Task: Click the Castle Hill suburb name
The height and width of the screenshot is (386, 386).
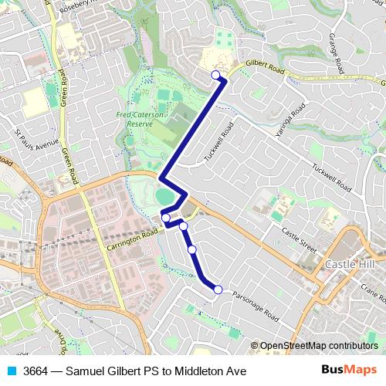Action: click(x=351, y=265)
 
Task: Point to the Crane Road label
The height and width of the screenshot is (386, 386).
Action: click(x=372, y=293)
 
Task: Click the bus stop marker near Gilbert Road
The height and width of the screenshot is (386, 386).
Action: click(x=215, y=74)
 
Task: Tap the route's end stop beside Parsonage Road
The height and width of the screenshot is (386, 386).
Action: click(x=218, y=289)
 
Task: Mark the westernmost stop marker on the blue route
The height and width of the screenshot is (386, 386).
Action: click(x=166, y=218)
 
